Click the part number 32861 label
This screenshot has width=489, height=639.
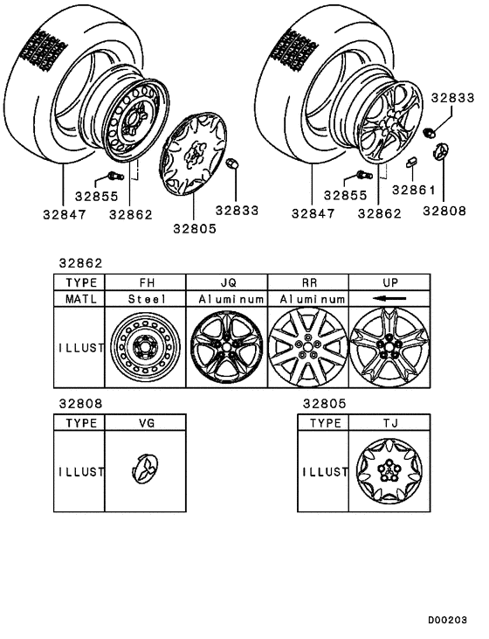click(410, 190)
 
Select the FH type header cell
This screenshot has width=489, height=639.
click(145, 282)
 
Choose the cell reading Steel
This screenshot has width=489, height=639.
click(145, 299)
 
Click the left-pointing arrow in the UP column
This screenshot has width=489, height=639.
click(389, 299)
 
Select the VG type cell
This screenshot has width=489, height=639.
click(145, 422)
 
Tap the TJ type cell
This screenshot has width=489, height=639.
click(389, 422)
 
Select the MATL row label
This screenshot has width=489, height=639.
click(79, 299)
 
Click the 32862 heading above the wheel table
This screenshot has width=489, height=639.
click(80, 261)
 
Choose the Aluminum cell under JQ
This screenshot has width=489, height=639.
click(226, 299)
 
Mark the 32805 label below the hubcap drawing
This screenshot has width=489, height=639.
click(194, 229)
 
